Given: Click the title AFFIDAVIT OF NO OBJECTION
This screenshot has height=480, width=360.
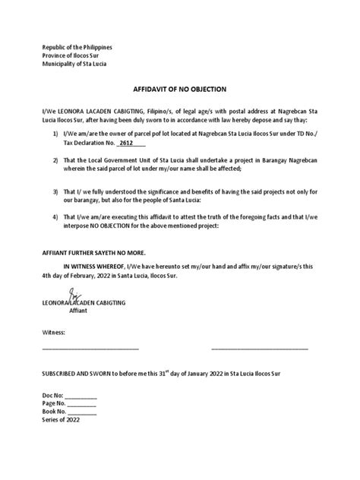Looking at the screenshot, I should coord(179,89).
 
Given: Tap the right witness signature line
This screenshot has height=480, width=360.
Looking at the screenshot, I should coord(259,349).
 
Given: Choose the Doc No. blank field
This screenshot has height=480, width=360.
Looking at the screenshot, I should coord(81,398).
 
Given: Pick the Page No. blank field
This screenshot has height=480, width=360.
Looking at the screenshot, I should coord(82,406).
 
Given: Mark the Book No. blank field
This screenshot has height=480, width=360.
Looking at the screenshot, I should coord(82,415).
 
